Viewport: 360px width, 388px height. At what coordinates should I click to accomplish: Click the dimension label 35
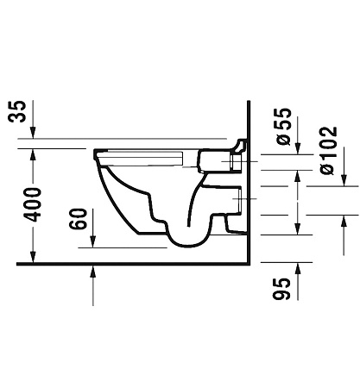17,111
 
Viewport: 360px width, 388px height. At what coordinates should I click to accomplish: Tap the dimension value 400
33,204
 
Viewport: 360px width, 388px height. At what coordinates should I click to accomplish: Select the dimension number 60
78,219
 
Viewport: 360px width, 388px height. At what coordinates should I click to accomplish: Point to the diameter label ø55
283,127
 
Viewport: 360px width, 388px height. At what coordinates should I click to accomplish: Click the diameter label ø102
328,150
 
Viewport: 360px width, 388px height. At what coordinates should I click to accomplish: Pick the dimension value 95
281,289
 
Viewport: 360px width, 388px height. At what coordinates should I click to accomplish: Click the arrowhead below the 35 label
33,133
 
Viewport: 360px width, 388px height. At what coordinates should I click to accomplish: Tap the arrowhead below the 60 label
92,241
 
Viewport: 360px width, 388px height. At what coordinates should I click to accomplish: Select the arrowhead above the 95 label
298,268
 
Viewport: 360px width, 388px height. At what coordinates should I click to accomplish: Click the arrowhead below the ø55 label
298,148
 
